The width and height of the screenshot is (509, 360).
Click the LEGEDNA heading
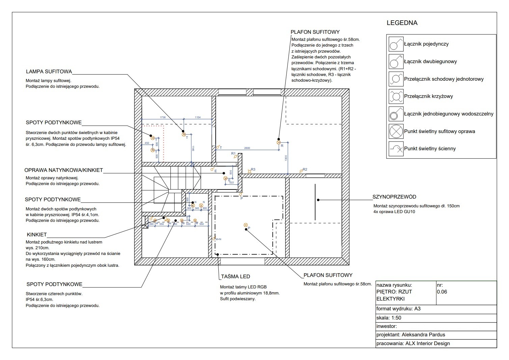pyautogui.click(x=402, y=23)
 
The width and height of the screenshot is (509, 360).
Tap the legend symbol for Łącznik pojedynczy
pyautogui.click(x=396, y=44)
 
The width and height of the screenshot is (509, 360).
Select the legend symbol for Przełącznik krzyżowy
pyautogui.click(x=396, y=96)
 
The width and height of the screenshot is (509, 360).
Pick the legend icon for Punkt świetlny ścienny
pyautogui.click(x=396, y=149)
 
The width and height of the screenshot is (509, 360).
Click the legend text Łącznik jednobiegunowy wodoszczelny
pyautogui.click(x=449, y=114)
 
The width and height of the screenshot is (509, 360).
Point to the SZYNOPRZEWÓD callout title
pyautogui.click(x=394, y=197)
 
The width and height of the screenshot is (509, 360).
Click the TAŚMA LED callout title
pyautogui.click(x=236, y=277)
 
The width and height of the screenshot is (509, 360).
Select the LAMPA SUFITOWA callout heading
pyautogui.click(x=49, y=72)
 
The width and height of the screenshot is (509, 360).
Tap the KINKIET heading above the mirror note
pyautogui.click(x=37, y=235)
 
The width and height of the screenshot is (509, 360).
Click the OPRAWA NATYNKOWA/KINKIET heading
pyautogui.click(x=63, y=170)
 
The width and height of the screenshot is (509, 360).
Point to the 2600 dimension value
pyautogui.click(x=247, y=148)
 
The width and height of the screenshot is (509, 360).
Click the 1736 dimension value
pyautogui.click(x=163, y=118)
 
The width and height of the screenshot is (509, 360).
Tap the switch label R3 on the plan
pyautogui.click(x=253, y=170)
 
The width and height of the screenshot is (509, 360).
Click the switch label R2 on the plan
pyautogui.click(x=305, y=169)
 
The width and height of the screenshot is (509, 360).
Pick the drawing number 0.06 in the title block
pyautogui.click(x=442, y=292)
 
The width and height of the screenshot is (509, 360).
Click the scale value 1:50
pyautogui.click(x=396, y=318)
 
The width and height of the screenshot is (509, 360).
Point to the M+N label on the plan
pyautogui.click(x=218, y=239)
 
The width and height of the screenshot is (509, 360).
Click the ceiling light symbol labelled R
pyautogui.click(x=278, y=143)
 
